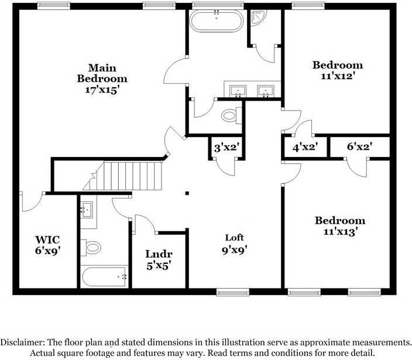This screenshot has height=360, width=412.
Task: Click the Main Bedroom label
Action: pyautogui.click(x=102, y=73)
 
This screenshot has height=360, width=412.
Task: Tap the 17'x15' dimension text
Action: pyautogui.click(x=102, y=90)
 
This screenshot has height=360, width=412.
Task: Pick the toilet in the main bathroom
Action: pyautogui.click(x=230, y=115)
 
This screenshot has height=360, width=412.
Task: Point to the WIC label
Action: pyautogui.click(x=47, y=239)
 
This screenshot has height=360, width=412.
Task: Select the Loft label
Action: pyautogui.click(x=234, y=238)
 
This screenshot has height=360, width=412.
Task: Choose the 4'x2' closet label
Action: pyautogui.click(x=305, y=148)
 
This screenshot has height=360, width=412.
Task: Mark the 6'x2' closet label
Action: pyautogui.click(x=359, y=148)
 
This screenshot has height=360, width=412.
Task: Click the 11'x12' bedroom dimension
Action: pyautogui.click(x=337, y=76)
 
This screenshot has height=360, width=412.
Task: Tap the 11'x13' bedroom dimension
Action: pyautogui.click(x=339, y=231)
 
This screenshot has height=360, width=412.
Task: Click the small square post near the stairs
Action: pyautogui.click(x=187, y=193)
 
